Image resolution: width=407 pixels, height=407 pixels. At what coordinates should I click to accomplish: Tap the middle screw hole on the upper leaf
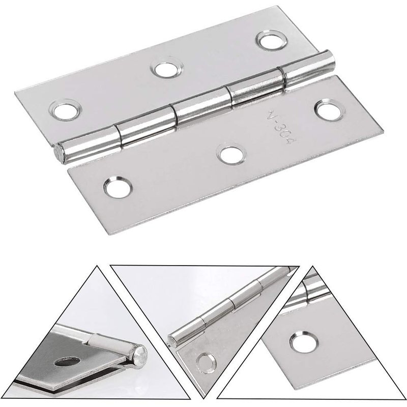166,69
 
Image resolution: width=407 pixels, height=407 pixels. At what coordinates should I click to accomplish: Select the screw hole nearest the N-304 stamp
328,110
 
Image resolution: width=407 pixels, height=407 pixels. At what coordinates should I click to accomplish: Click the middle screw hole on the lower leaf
231,155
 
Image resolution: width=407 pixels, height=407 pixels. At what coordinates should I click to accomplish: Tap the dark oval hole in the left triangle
68,362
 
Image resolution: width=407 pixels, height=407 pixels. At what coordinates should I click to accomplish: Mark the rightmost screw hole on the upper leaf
271,40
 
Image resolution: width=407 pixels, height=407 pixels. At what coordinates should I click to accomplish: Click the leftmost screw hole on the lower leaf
118,187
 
